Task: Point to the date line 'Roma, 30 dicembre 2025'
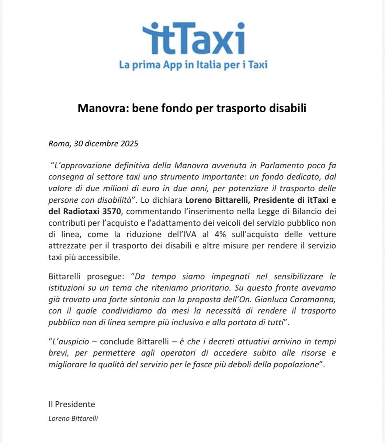point(93,144)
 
